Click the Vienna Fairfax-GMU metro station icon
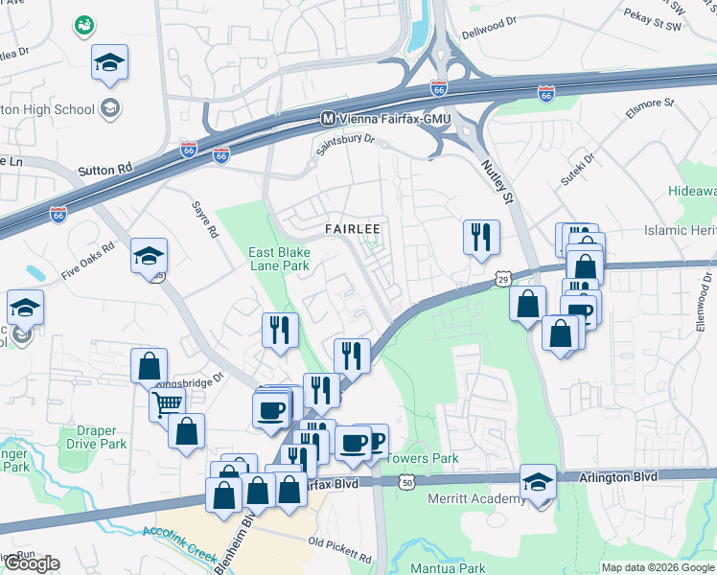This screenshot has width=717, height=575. tap(328, 119)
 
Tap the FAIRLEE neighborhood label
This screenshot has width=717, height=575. tap(352, 230)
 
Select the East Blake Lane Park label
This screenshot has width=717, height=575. tap(280, 260)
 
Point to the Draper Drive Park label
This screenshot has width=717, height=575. tap(98, 438)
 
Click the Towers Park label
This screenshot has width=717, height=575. tap(424, 459)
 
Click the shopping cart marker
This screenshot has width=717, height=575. tap(166, 403)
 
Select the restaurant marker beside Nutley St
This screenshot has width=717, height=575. tap(480, 237)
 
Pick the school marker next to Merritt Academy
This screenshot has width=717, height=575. tap(539, 482)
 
